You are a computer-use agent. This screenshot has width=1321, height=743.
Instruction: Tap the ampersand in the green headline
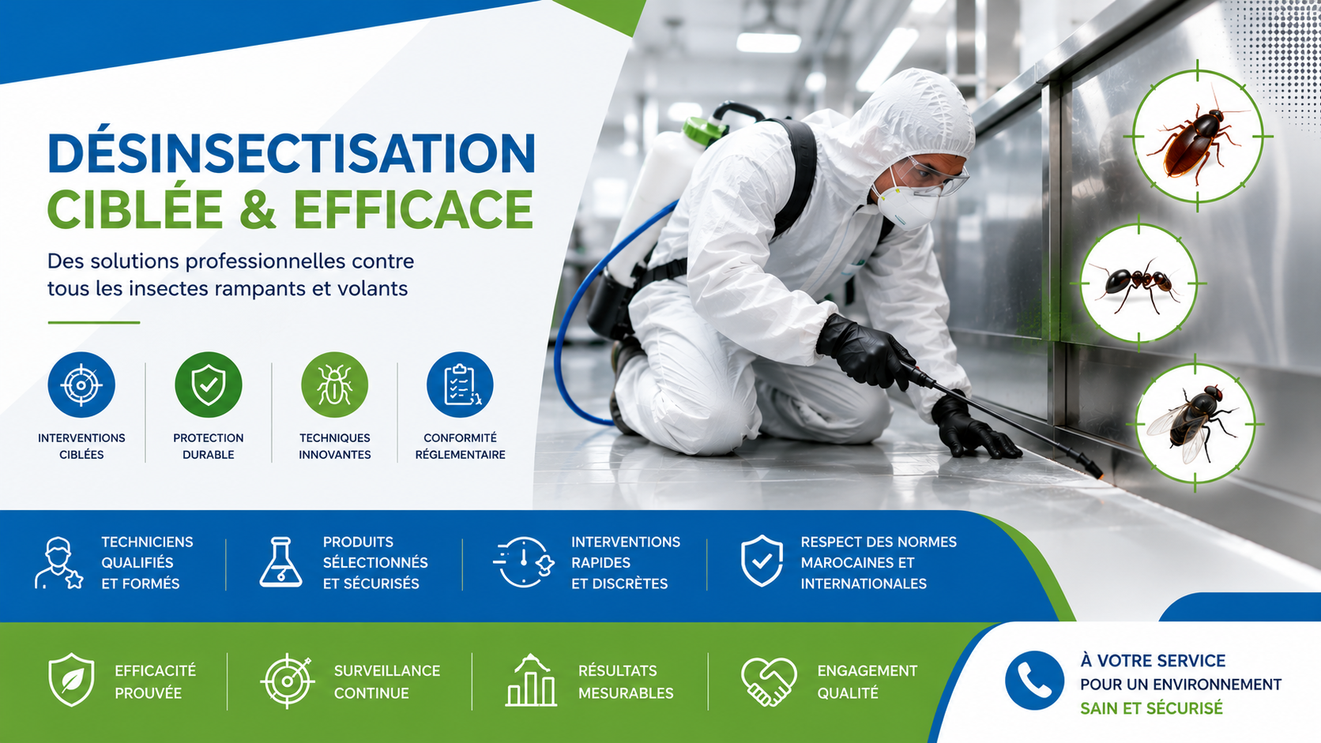(258, 208)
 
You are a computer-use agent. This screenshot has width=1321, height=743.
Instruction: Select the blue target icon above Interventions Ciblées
(81, 385)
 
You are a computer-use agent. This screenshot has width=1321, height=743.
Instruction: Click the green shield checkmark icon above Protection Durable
(208, 385)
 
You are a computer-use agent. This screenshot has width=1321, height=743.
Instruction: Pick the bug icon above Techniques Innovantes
(334, 385)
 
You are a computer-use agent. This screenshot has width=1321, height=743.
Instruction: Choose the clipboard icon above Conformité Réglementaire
(460, 385)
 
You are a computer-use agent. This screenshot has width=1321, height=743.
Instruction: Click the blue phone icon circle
(1034, 681)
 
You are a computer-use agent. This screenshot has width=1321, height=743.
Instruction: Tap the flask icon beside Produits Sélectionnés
(280, 562)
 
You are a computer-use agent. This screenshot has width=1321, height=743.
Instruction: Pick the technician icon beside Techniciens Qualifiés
(58, 563)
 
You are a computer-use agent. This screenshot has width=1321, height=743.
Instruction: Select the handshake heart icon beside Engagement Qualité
(769, 681)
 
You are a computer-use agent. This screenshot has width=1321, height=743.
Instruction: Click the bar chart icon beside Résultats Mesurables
(531, 681)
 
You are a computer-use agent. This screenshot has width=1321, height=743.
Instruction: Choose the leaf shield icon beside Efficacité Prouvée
(71, 679)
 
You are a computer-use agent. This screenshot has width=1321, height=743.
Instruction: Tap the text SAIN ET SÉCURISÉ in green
(1152, 708)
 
